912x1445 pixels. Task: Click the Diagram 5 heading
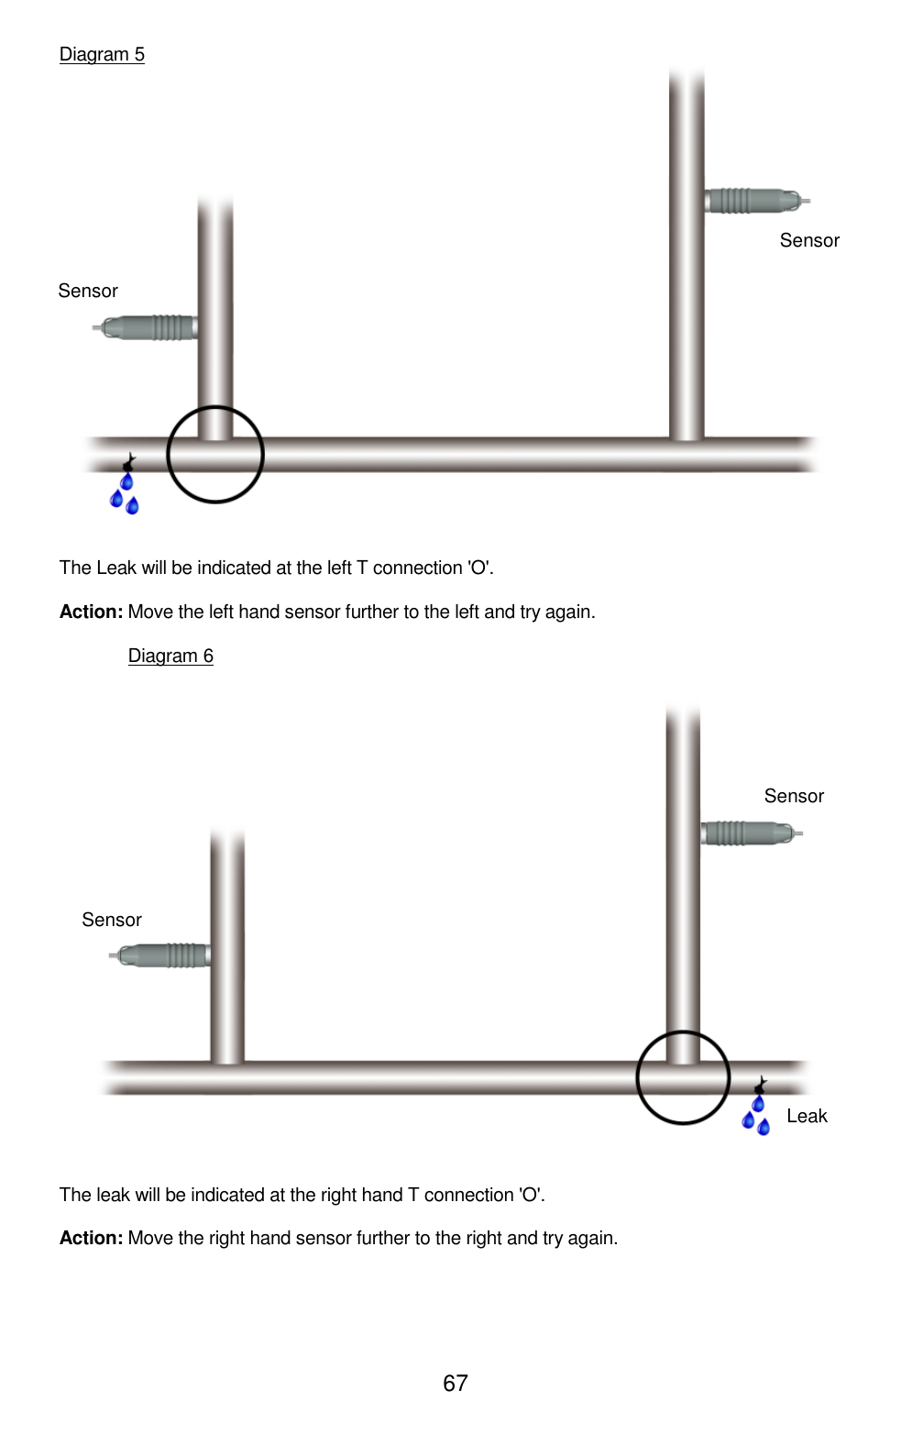[x=102, y=54]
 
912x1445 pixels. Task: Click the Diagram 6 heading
[x=170, y=656]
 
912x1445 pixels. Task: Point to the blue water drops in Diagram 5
[x=125, y=493]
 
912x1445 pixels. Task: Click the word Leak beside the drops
[x=807, y=1116]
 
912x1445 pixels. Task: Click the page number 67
[x=456, y=1383]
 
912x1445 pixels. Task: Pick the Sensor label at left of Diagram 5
[x=88, y=291]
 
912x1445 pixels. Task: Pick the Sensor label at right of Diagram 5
[x=809, y=240]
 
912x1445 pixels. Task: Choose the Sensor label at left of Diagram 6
[x=112, y=920]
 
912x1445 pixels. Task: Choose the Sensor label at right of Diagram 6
[x=794, y=796]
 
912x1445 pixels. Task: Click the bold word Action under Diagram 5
[x=91, y=612]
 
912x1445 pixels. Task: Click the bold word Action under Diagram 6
[x=91, y=1238]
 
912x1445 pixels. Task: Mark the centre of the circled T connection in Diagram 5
[x=215, y=454]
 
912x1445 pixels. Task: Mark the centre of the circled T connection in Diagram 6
[x=683, y=1077]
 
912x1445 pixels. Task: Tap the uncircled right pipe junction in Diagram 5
[x=687, y=453]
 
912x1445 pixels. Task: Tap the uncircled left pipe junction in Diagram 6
[x=227, y=1077]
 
